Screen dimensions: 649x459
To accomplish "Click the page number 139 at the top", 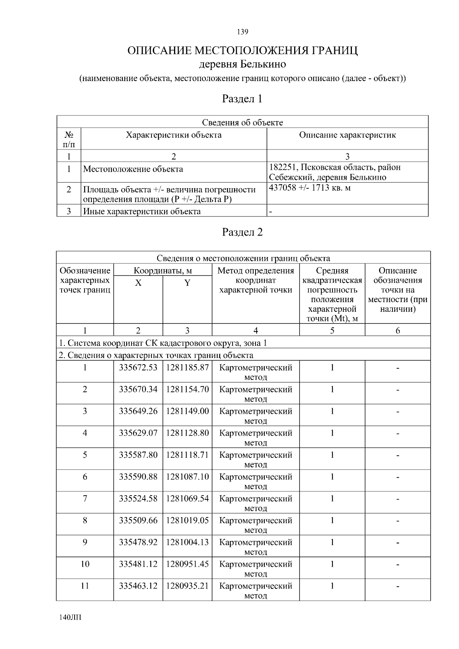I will (243, 32).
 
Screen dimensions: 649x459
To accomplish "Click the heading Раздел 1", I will (243, 99).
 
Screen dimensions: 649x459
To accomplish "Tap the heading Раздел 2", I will (243, 232).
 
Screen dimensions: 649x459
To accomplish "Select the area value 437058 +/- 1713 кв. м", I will (310, 188).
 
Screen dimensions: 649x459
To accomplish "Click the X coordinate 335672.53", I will (138, 368).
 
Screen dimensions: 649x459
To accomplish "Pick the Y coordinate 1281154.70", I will (187, 390).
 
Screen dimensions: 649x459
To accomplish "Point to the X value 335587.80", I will (138, 455).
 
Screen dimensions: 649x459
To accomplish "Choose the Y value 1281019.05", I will (187, 521).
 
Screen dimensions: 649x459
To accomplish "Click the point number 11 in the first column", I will (85, 586).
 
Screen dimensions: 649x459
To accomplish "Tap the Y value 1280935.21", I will (187, 586).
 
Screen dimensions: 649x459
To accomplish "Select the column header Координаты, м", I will (163, 271).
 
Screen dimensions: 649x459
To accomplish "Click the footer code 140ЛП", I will (70, 618).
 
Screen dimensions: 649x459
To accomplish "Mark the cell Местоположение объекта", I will (133, 169).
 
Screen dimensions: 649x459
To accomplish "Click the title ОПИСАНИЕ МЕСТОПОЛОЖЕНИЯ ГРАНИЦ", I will (243, 51).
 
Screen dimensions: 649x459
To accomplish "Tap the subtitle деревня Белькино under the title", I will (243, 64).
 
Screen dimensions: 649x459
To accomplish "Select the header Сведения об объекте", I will (243, 122).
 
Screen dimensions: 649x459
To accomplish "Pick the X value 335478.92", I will (138, 542).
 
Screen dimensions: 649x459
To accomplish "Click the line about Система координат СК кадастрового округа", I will (163, 343).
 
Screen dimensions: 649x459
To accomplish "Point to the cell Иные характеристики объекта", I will (142, 211).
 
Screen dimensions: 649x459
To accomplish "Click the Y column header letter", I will (187, 283).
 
